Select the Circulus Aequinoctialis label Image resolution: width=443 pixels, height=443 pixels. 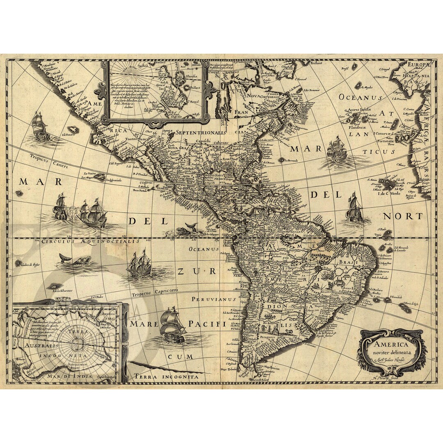[x=90, y=242]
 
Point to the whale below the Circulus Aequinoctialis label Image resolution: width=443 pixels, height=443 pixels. [x=76, y=260]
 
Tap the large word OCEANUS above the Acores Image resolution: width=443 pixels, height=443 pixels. [x=361, y=98]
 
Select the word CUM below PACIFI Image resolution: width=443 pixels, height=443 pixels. [x=180, y=356]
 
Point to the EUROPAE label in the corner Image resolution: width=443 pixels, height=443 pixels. [x=418, y=64]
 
